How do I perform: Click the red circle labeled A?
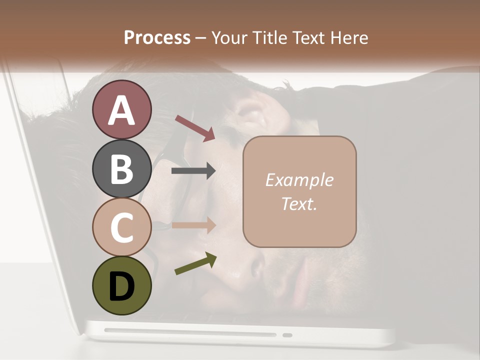click(121, 110)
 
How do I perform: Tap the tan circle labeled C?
click(121, 227)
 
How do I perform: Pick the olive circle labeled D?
click(121, 285)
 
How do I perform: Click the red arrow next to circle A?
click(195, 127)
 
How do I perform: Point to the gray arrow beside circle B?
click(193, 171)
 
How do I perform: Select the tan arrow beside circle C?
click(193, 225)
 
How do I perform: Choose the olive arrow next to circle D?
click(195, 263)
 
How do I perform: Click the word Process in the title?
click(157, 38)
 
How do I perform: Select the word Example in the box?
click(299, 180)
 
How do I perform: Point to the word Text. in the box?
click(299, 203)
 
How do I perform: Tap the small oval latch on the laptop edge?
click(287, 334)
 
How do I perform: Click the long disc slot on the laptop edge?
click(190, 332)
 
